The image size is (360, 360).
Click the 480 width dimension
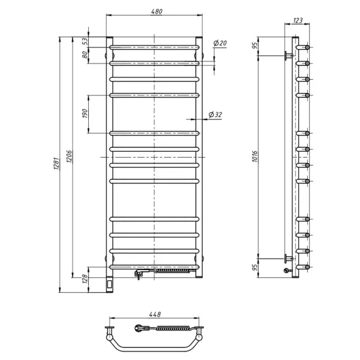(x=155, y=12)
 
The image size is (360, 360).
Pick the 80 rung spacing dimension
(x=85, y=54)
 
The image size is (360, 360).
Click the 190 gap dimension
(x=85, y=113)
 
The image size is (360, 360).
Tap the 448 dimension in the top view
(x=155, y=314)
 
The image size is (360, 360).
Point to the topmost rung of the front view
(x=154, y=45)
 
